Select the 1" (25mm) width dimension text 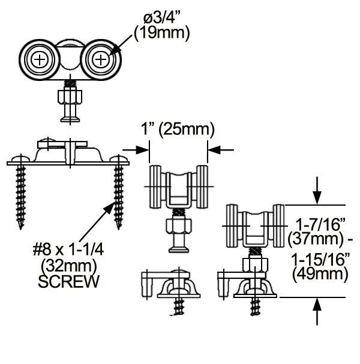178,129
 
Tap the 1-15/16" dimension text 320,261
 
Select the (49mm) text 320,275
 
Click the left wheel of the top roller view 40,59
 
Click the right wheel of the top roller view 102,59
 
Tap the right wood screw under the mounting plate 118,195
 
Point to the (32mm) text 68,265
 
